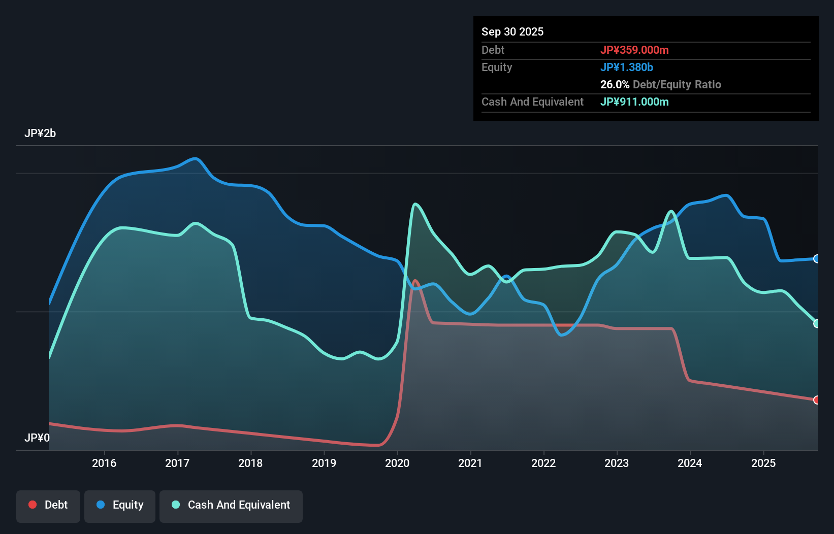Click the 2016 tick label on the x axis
coord(104,463)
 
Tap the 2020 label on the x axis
coord(397,463)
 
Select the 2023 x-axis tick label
coord(617,463)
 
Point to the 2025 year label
coord(763,463)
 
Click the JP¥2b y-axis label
coord(40,133)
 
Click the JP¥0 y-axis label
coord(37,438)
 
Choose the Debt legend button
coord(48,505)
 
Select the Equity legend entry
coord(120,505)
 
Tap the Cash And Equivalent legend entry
coord(231,505)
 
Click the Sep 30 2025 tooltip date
coord(512,31)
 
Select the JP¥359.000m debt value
coord(634,50)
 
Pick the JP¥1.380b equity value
coord(627,67)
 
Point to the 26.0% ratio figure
coord(615,84)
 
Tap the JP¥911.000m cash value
coord(634,102)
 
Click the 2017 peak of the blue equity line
coord(196,158)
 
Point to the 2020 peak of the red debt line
coord(415,280)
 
